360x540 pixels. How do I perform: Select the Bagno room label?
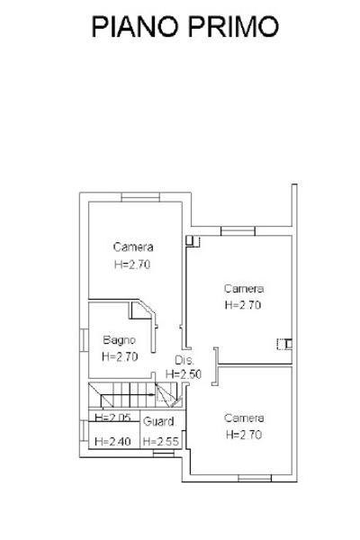click(x=119, y=340)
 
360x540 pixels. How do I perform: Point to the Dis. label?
click(x=184, y=360)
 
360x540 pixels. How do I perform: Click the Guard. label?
click(x=159, y=421)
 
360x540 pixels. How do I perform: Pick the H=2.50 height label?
click(x=184, y=374)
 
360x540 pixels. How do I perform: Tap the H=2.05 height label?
click(x=113, y=418)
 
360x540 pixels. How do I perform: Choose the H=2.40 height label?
click(x=113, y=441)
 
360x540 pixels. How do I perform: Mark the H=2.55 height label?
click(x=161, y=441)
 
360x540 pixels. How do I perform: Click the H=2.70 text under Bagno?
click(x=120, y=356)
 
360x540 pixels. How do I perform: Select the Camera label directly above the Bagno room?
click(x=133, y=247)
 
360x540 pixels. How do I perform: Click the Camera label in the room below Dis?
click(x=244, y=418)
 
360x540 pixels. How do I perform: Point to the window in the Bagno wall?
click(x=84, y=340)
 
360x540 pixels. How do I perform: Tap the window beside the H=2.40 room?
click(x=84, y=431)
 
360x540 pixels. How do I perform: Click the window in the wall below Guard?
click(x=164, y=454)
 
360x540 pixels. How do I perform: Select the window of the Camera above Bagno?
click(x=140, y=197)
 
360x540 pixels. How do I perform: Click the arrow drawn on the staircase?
click(x=147, y=395)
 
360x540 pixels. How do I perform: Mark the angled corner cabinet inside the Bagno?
click(x=142, y=310)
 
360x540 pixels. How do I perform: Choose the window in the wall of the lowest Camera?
click(x=255, y=478)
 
